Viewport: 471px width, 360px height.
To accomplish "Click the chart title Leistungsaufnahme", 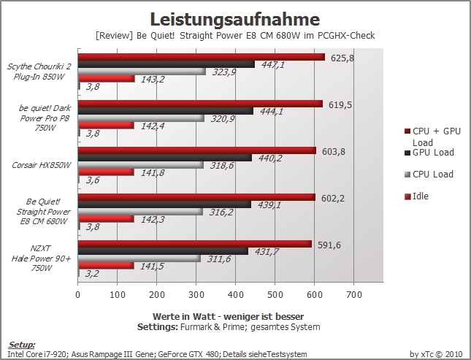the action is (234, 19).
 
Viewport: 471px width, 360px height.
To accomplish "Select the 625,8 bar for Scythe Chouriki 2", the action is (202, 57).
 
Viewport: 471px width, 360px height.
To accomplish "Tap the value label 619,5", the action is (340, 105).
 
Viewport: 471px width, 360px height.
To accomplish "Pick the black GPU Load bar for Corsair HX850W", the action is (165, 158).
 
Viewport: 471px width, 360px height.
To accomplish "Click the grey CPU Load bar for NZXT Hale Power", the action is (139, 258).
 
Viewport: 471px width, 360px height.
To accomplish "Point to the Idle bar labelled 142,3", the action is (106, 219).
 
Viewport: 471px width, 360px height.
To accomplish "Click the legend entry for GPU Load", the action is (429, 153).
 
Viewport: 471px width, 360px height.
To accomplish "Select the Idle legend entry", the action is (417, 196).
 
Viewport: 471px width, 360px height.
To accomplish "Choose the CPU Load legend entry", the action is (429, 175).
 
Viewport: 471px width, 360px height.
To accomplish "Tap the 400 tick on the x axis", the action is (235, 295).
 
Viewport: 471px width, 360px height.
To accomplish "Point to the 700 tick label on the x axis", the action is (354, 295).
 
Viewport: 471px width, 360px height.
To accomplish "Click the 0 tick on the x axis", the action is (78, 295).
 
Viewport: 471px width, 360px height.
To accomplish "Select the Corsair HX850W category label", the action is (42, 165).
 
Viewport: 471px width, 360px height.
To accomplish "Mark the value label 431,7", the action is (267, 251).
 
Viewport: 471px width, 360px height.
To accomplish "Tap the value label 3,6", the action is (93, 180).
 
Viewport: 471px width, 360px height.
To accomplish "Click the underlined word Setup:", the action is (22, 345).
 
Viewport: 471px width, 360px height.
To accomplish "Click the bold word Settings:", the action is (158, 327).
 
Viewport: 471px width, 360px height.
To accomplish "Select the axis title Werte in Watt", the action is (184, 316).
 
